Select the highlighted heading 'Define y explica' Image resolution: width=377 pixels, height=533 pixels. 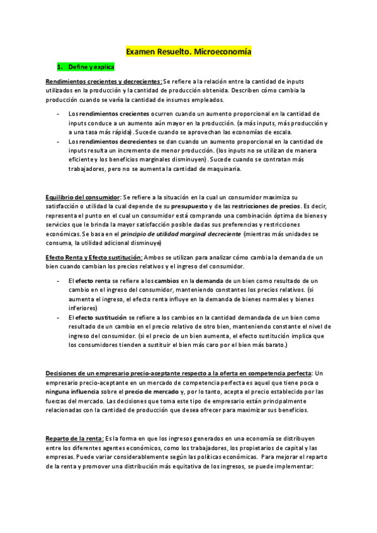coord(84,66)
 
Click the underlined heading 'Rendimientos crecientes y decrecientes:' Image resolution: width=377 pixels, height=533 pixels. coord(104,81)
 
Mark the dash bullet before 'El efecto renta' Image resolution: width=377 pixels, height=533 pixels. coord(58,280)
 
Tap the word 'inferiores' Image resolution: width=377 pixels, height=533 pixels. coord(83,309)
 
